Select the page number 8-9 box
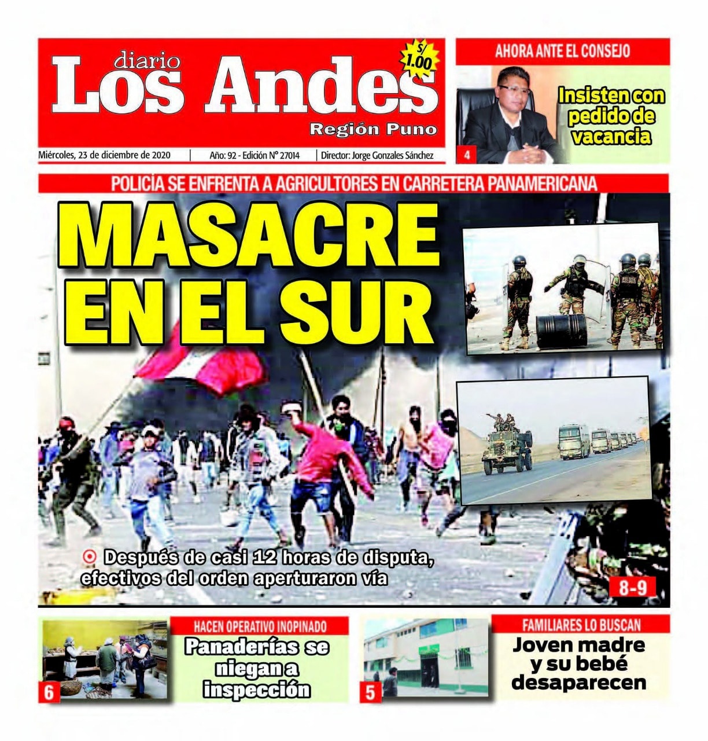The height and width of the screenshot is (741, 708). coord(633,588)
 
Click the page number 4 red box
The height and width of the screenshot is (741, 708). coord(467,155)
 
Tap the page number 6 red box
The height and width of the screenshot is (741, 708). coord(49,692)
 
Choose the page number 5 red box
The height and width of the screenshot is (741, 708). coord(371,692)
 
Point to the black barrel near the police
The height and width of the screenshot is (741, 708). coord(560,331)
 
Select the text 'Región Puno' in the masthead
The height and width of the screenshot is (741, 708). coord(373,129)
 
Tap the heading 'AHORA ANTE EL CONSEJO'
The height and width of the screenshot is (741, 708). coord(562,51)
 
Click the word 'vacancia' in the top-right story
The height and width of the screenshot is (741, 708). coord(610,137)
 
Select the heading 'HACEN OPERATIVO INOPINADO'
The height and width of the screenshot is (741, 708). coord(260,626)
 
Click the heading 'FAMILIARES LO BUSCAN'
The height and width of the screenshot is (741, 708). coord(581,625)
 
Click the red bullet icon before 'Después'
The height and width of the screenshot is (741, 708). coord(90,557)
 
